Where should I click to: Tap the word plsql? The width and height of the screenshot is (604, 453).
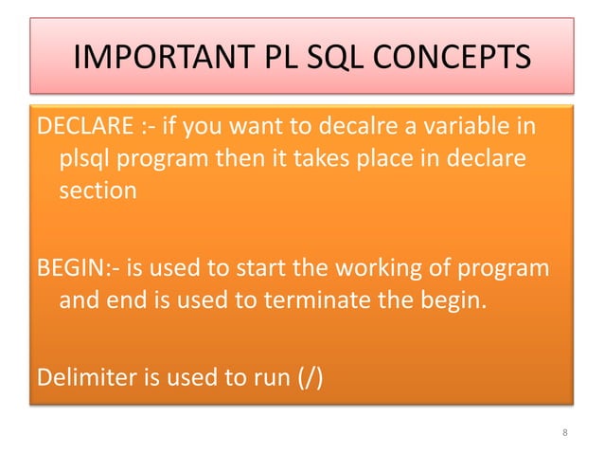click(x=84, y=159)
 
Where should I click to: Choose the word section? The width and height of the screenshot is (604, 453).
click(x=98, y=190)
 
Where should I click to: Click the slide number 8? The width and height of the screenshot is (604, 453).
click(x=564, y=434)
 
